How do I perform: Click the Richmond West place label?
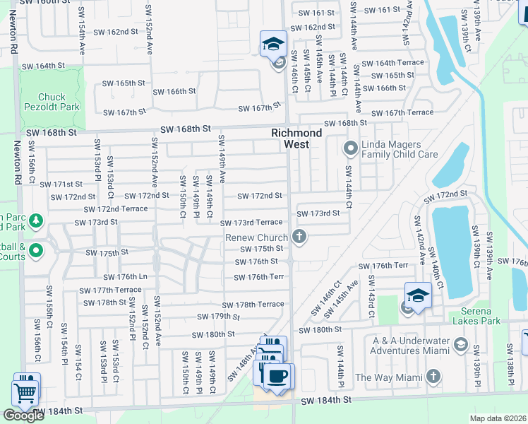click(297, 139)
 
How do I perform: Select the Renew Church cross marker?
click(299, 237)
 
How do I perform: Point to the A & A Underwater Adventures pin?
click(461, 344)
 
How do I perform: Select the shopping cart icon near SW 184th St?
click(25, 391)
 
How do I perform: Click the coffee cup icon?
click(278, 375)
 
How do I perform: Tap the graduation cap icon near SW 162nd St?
click(273, 45)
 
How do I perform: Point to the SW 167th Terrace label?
click(402, 113)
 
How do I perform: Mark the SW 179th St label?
click(220, 317)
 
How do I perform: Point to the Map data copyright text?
click(498, 418)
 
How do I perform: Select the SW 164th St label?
click(43, 66)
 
